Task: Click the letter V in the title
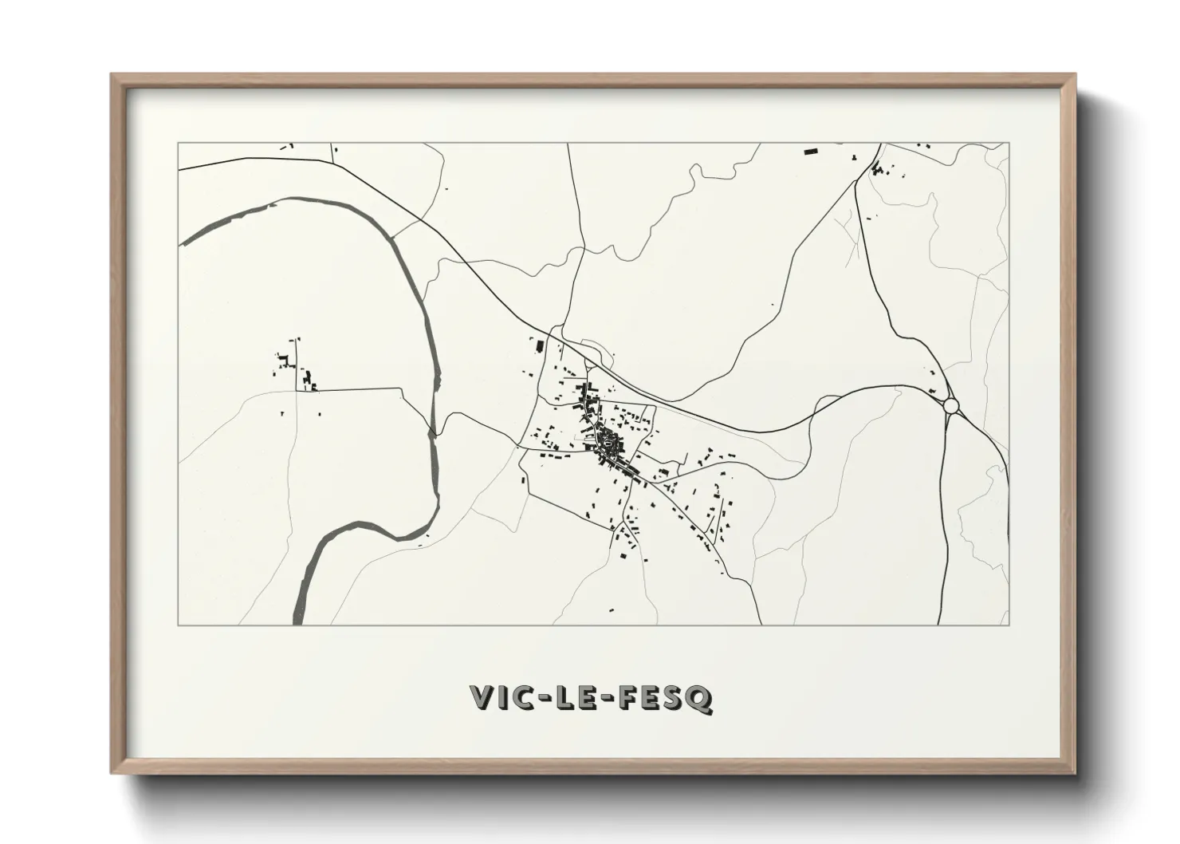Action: [484, 697]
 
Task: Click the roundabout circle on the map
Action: [950, 406]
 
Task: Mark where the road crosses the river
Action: [434, 433]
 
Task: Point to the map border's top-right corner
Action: [1009, 144]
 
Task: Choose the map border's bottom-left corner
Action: [178, 625]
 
